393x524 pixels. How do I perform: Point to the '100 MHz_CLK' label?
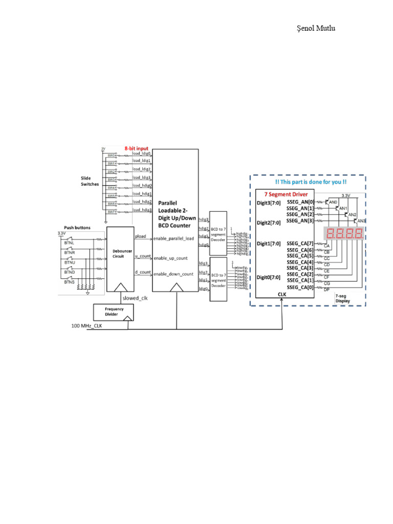point(88,325)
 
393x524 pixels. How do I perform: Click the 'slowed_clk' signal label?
point(135,298)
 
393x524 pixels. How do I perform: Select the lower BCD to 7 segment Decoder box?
point(219,279)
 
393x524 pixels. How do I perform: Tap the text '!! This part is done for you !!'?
point(308,182)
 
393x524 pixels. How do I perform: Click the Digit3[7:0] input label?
point(269,203)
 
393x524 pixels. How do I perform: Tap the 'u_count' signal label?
point(143,255)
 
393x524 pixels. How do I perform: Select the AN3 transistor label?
point(361,221)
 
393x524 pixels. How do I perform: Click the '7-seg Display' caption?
point(344,298)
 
